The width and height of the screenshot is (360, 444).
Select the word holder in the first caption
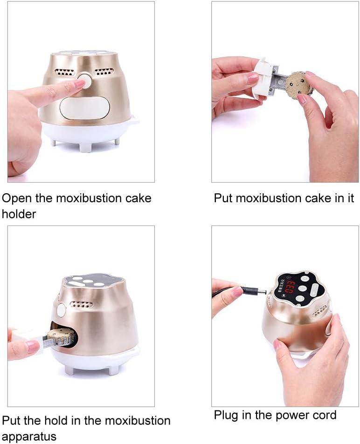tap(19, 214)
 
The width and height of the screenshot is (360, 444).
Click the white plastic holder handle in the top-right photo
tap(263, 80)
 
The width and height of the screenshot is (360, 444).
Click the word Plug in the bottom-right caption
tap(226, 414)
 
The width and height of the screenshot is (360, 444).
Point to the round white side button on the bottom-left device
tap(61, 310)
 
